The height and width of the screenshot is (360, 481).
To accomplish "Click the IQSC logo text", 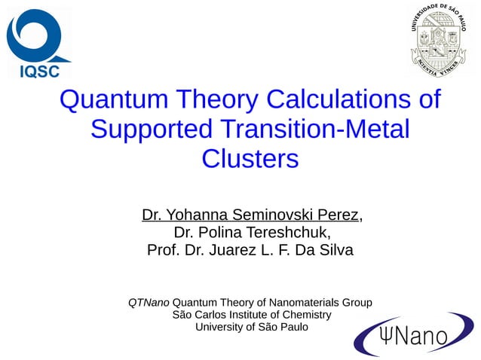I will click(38, 72).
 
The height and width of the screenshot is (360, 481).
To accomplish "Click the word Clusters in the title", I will click(250, 159).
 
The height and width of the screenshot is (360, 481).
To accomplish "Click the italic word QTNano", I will click(149, 302).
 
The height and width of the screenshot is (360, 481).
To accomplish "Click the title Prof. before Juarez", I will click(162, 250).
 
